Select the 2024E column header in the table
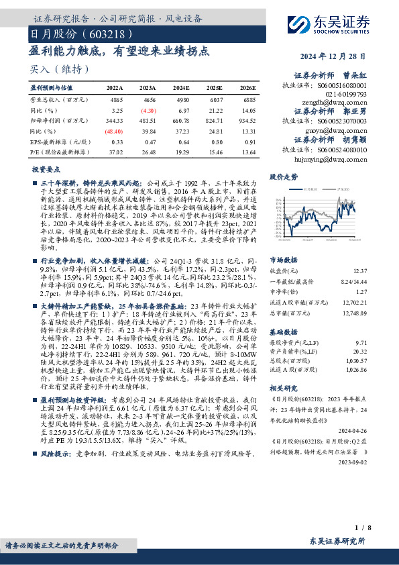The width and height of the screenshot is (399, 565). (x=180, y=88)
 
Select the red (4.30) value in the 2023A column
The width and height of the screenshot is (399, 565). (x=148, y=109)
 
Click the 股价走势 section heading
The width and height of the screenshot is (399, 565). (x=282, y=178)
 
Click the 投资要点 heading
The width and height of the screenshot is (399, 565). (x=46, y=170)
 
